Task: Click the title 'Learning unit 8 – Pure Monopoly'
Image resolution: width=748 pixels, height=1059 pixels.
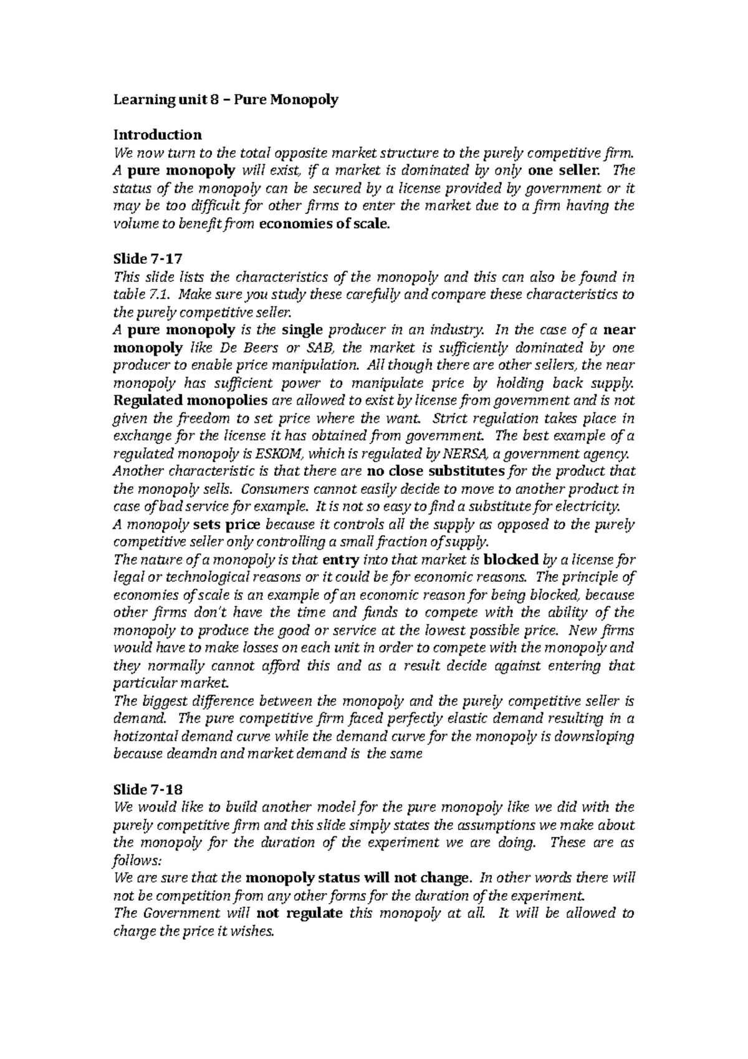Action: point(225,100)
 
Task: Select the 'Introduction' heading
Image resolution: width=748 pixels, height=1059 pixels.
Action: point(157,135)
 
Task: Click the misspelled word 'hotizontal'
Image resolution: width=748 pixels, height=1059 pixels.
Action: point(143,737)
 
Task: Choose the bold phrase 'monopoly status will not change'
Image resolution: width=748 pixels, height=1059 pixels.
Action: point(357,878)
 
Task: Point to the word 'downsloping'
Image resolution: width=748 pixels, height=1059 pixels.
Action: point(594,737)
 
